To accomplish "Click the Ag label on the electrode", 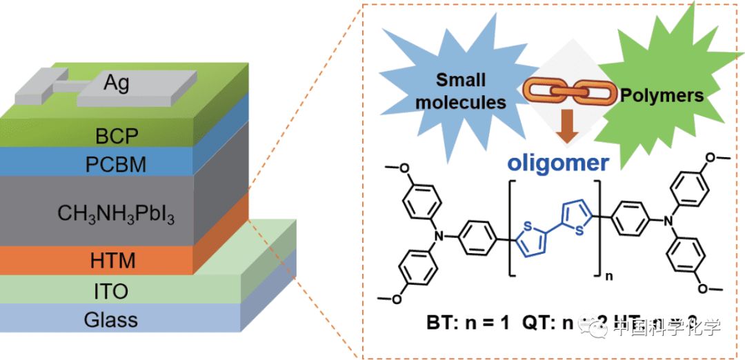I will pyautogui.click(x=117, y=83).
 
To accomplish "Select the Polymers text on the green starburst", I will pyautogui.click(x=662, y=94).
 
